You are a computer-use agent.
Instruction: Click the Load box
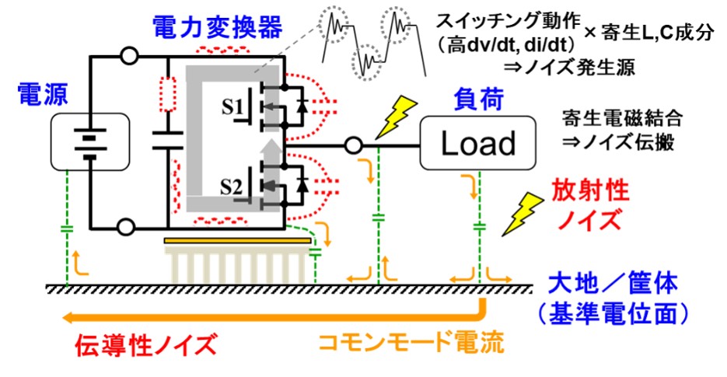477,143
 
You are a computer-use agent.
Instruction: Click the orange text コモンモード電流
403,343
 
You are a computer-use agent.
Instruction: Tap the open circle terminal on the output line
352,145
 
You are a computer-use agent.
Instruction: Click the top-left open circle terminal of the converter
128,56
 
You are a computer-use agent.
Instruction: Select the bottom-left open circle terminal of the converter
128,226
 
